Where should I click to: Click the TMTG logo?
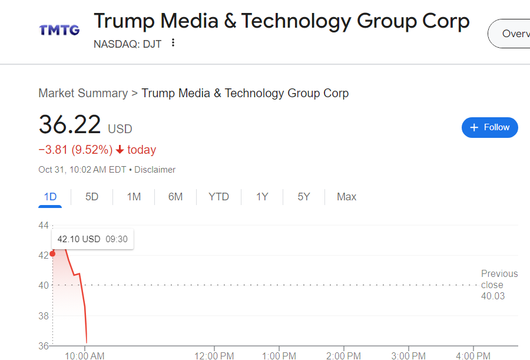point(59,29)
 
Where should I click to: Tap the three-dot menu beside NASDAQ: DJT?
point(173,43)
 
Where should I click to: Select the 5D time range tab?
point(92,197)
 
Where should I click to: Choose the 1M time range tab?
point(134,197)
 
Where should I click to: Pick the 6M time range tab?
point(175,197)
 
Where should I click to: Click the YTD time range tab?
point(218,197)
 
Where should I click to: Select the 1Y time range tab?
point(262,197)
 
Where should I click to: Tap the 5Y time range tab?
point(304,197)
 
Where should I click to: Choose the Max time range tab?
point(346,197)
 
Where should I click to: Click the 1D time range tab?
point(51,197)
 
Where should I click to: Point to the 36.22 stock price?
point(69,125)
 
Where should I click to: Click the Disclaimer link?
point(155,170)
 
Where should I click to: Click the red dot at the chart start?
point(53,254)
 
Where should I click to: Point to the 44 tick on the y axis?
point(44,226)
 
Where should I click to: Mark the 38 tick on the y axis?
point(44,316)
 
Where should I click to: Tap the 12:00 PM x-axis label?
point(214,356)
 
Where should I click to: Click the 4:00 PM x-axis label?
point(473,356)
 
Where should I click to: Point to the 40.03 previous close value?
point(493,296)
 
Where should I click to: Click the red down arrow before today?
point(120,150)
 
